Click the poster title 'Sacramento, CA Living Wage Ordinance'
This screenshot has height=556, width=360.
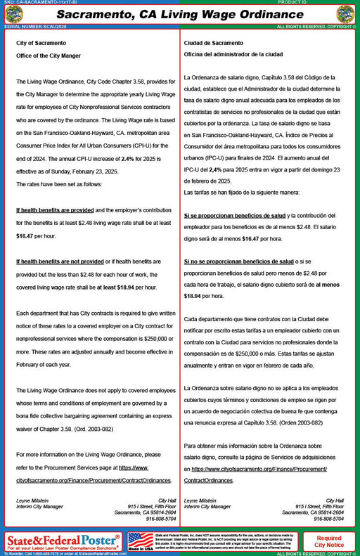click(179, 14)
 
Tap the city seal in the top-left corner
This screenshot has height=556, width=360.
click(13, 14)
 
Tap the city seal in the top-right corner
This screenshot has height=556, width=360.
click(345, 14)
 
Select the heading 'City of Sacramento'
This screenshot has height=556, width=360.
click(38, 44)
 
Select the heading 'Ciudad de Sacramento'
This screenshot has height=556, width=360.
click(213, 44)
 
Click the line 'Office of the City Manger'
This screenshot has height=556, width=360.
click(49, 56)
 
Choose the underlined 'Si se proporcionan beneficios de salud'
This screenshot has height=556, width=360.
click(234, 214)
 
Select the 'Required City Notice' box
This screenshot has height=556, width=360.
click(328, 541)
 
